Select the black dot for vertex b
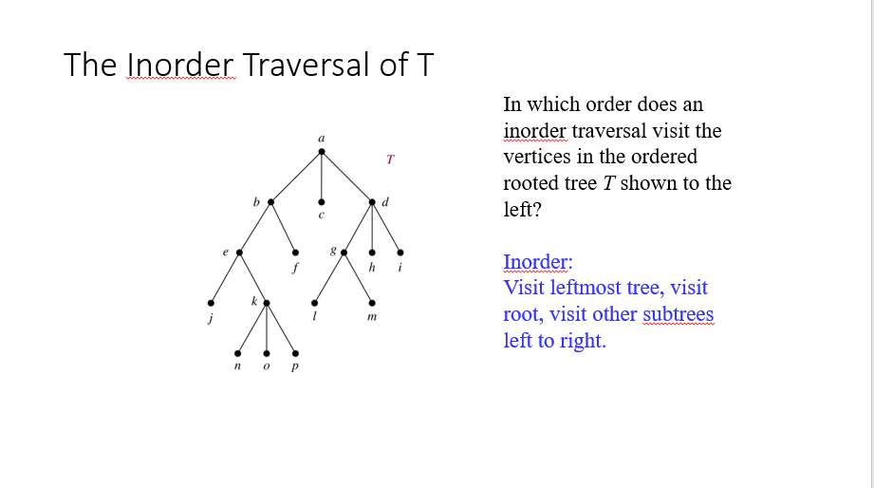click(x=271, y=201)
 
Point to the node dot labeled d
click(x=373, y=201)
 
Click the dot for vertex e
click(x=239, y=253)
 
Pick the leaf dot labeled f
click(x=295, y=253)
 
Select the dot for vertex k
click(x=267, y=303)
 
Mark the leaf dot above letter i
click(x=400, y=253)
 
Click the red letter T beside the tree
click(x=389, y=159)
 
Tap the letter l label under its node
click(x=315, y=318)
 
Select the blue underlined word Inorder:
click(x=538, y=261)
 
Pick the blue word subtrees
click(x=678, y=314)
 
